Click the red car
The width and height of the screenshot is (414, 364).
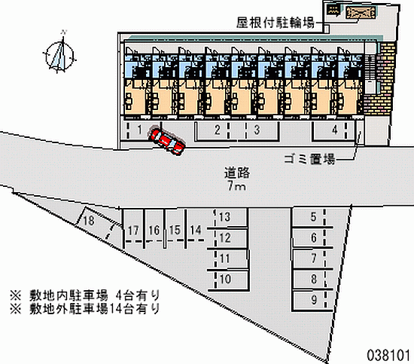(x=166, y=141)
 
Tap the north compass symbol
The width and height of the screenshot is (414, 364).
(x=59, y=54)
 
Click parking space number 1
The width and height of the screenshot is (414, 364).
(x=140, y=130)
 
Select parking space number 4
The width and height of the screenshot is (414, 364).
(x=334, y=130)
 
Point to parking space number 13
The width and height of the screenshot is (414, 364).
(x=230, y=217)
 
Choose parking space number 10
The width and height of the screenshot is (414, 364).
(x=229, y=280)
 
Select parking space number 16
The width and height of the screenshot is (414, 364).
(x=154, y=230)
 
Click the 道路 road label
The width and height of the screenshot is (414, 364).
(x=237, y=173)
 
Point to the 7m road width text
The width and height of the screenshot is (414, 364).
(x=237, y=186)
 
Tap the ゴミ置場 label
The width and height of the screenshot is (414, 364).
(x=309, y=159)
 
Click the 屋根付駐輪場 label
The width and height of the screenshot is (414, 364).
(x=275, y=23)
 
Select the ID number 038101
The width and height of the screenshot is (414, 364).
(x=388, y=355)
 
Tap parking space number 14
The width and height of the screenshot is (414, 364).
(x=196, y=230)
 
